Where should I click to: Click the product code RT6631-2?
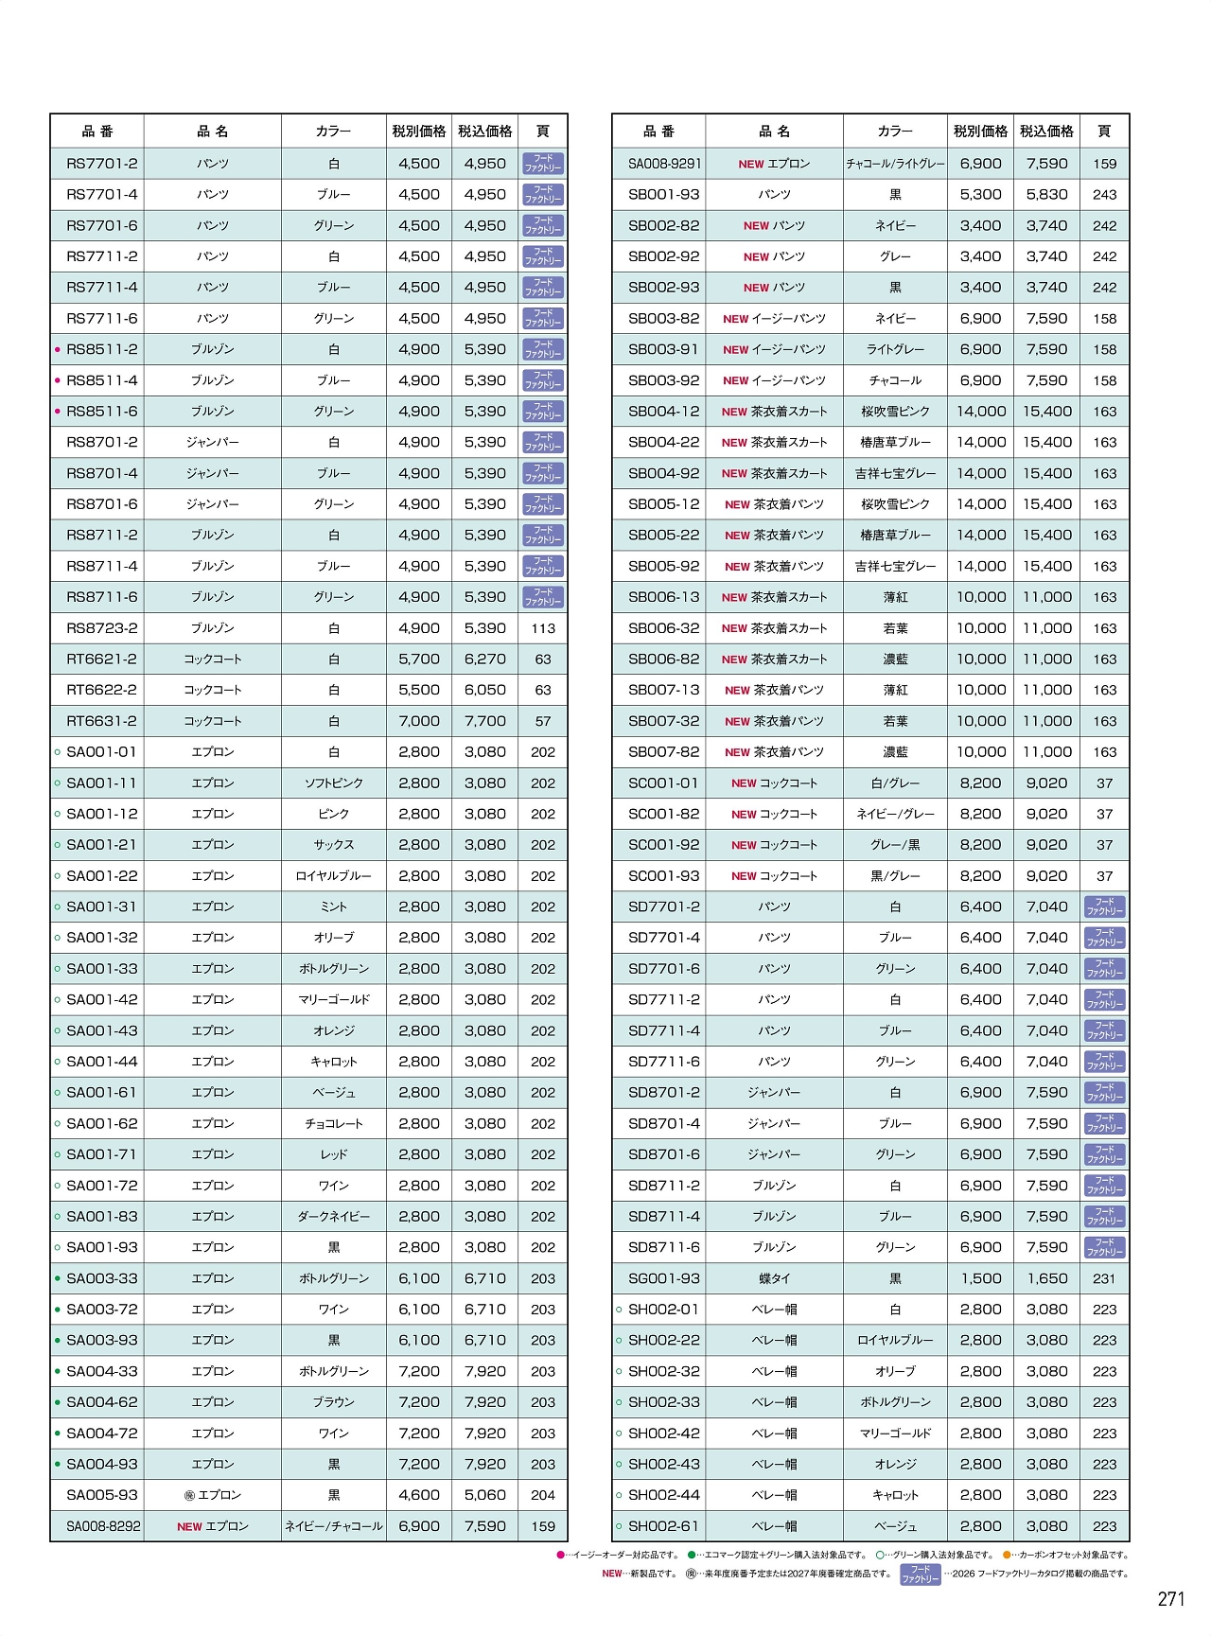point(101,721)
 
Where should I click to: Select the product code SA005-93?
point(101,1495)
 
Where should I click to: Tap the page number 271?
point(1170,1599)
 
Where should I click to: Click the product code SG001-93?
point(664,1278)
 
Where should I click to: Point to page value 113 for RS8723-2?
point(543,628)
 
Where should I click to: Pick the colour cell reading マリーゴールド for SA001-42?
point(333,1000)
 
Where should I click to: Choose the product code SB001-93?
point(664,195)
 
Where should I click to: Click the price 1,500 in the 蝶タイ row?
point(980,1278)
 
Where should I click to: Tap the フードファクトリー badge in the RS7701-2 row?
point(543,164)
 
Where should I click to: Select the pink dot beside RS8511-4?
point(58,380)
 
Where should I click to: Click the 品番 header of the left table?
point(97,132)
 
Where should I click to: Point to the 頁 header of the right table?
point(1104,132)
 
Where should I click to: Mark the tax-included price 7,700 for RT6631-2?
point(484,721)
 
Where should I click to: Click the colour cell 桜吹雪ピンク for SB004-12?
point(895,412)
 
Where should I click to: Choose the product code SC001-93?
point(664,876)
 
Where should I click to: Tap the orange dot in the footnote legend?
point(1007,1555)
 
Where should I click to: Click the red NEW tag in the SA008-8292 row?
point(189,1526)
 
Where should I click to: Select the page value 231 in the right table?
point(1104,1278)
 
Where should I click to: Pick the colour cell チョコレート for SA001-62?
point(333,1124)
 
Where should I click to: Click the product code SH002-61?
point(664,1526)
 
